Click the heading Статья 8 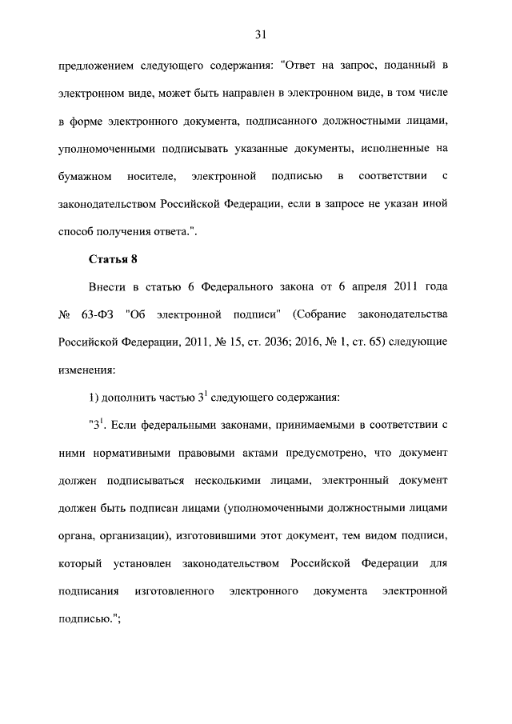tap(111, 260)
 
